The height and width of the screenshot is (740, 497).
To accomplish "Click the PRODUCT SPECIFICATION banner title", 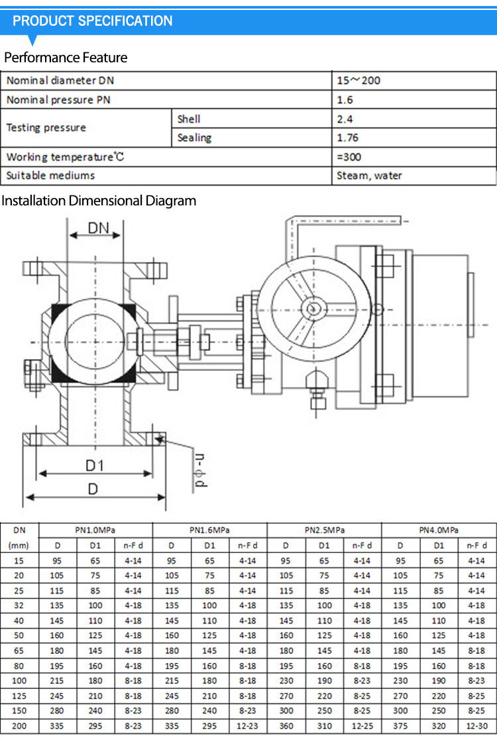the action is (93, 21).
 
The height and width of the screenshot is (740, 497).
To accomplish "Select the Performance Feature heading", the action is (66, 58).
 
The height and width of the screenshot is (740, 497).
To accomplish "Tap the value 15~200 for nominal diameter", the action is (359, 81).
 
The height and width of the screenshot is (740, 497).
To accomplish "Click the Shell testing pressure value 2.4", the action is (345, 119).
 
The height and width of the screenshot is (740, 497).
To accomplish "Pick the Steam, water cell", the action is (369, 176).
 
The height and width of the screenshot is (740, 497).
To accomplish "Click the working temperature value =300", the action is (349, 157).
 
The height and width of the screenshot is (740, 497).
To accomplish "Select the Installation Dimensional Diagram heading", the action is (99, 201).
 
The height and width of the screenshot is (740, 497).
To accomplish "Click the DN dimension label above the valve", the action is (98, 228).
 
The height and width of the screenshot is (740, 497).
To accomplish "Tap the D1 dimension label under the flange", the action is (94, 466).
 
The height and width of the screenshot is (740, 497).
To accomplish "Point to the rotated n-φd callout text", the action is (200, 470).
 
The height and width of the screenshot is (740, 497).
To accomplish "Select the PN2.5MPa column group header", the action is (324, 530).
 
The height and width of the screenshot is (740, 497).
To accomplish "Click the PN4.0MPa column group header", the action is (439, 530).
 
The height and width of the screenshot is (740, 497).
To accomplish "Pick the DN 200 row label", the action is (19, 726).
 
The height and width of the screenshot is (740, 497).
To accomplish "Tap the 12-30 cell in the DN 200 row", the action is (476, 726).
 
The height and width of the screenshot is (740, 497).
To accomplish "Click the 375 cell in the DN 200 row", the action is (400, 726).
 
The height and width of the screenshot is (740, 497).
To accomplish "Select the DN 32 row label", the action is (19, 605).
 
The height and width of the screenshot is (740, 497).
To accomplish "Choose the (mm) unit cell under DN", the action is (19, 546).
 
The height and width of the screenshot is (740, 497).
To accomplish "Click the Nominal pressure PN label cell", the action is (58, 100).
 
